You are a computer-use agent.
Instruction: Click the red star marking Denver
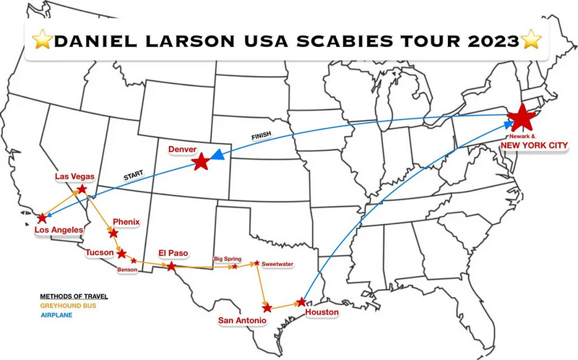coord(199,163)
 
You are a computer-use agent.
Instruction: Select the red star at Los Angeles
coord(43,218)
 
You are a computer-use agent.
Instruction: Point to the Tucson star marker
coord(121,253)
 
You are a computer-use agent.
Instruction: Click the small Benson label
coord(127,270)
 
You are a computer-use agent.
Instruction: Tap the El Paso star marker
coord(171,266)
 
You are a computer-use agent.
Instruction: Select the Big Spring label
coord(228,258)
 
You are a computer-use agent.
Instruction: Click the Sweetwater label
coord(277,265)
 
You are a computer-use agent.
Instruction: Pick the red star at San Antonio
coord(267,307)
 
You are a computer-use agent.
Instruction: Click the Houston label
coord(322,312)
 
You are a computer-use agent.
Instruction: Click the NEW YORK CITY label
coord(535,145)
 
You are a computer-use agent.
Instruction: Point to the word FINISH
coord(262,136)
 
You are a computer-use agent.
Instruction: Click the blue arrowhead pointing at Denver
coord(218,153)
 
